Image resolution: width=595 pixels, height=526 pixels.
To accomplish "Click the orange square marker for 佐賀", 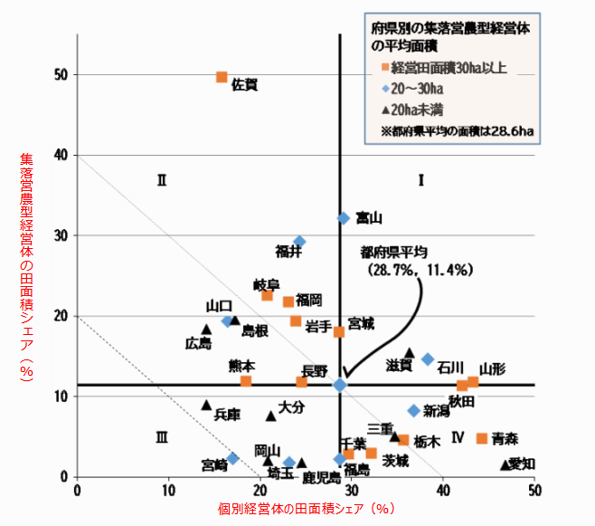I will [222, 77].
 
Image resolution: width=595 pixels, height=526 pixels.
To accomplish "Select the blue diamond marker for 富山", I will [344, 218].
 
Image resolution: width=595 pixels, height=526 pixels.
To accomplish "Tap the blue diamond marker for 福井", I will [299, 242].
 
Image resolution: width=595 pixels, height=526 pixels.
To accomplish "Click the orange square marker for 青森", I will [482, 438].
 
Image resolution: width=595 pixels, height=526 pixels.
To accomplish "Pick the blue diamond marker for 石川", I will [428, 359].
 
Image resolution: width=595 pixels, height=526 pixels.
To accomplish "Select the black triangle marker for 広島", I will [206, 330].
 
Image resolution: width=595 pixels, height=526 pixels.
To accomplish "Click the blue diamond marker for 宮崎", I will [232, 458].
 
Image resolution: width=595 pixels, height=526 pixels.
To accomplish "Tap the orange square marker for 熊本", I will [246, 382].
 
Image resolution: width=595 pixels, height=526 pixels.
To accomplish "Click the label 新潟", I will [437, 411].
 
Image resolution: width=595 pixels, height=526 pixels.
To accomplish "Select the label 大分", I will [291, 407].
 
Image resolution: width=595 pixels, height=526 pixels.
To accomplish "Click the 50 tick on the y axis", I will [60, 75].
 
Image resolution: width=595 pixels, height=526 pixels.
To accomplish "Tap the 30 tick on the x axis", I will [352, 490].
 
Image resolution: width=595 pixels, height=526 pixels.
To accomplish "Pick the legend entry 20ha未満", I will [420, 110].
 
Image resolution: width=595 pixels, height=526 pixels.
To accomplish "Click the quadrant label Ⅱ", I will [162, 180].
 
